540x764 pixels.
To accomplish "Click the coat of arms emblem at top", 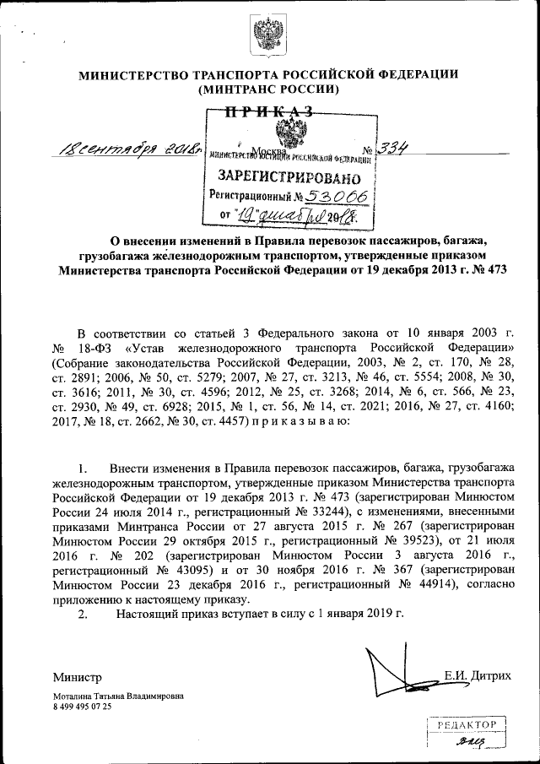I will [x=270, y=38].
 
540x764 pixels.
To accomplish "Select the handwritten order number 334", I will [x=393, y=149].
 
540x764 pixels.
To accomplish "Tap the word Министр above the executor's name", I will [x=77, y=677].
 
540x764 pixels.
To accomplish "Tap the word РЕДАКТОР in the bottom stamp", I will [x=467, y=725].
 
